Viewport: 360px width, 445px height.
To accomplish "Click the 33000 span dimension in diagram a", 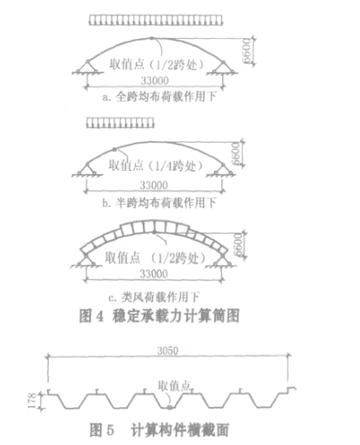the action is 154,81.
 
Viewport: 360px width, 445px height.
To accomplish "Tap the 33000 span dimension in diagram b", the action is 154,185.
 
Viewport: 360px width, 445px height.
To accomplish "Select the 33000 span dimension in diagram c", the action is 154,274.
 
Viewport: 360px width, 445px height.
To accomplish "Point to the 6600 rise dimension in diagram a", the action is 247,51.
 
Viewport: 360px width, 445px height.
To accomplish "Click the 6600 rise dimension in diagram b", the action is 236,154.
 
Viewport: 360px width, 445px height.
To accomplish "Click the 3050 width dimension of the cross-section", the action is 168,351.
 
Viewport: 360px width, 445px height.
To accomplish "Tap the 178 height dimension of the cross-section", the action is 32,400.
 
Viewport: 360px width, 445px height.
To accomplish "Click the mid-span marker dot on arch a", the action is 152,38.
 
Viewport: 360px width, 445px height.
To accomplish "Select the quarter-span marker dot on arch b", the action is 115,149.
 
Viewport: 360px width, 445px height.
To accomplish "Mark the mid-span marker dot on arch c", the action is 154,233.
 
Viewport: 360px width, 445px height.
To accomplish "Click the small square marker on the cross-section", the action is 169,408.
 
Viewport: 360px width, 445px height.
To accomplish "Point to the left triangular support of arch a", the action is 88,67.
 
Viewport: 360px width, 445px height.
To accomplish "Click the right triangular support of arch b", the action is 224,170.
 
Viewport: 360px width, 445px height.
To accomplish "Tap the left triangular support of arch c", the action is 86,260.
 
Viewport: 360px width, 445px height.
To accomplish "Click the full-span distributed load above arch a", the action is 155,20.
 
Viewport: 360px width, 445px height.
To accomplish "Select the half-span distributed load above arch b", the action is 120,123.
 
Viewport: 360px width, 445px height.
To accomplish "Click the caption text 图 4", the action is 92,316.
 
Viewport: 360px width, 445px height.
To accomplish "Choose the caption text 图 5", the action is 102,430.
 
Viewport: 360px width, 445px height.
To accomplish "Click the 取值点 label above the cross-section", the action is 174,386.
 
